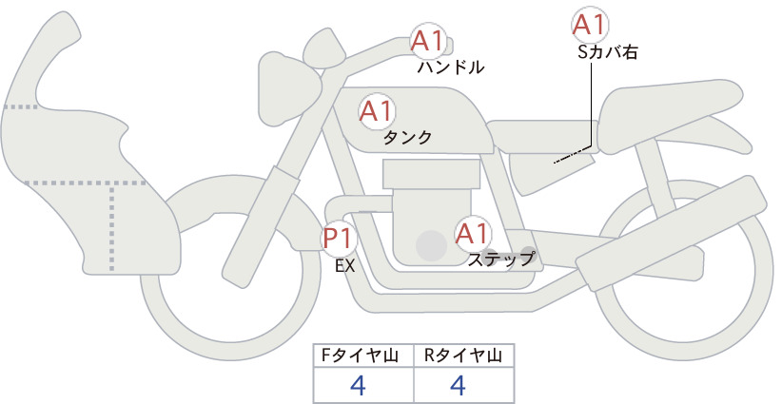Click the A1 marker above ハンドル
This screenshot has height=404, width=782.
(429, 41)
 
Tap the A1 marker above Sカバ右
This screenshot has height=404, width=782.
(591, 25)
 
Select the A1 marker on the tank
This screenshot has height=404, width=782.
(377, 111)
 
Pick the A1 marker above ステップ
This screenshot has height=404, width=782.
(473, 234)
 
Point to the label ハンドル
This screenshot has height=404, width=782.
(451, 67)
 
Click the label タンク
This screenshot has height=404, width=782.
(407, 138)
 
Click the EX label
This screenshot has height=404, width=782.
(344, 266)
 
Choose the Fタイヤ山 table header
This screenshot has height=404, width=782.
(360, 356)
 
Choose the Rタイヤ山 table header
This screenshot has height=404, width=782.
(463, 356)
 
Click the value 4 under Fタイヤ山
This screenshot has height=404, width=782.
(359, 385)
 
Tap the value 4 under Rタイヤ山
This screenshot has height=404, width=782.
(458, 385)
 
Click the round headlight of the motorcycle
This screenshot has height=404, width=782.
(324, 49)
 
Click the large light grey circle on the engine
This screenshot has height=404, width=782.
(431, 245)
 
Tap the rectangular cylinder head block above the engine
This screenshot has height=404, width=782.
(431, 173)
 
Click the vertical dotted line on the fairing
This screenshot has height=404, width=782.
(111, 227)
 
